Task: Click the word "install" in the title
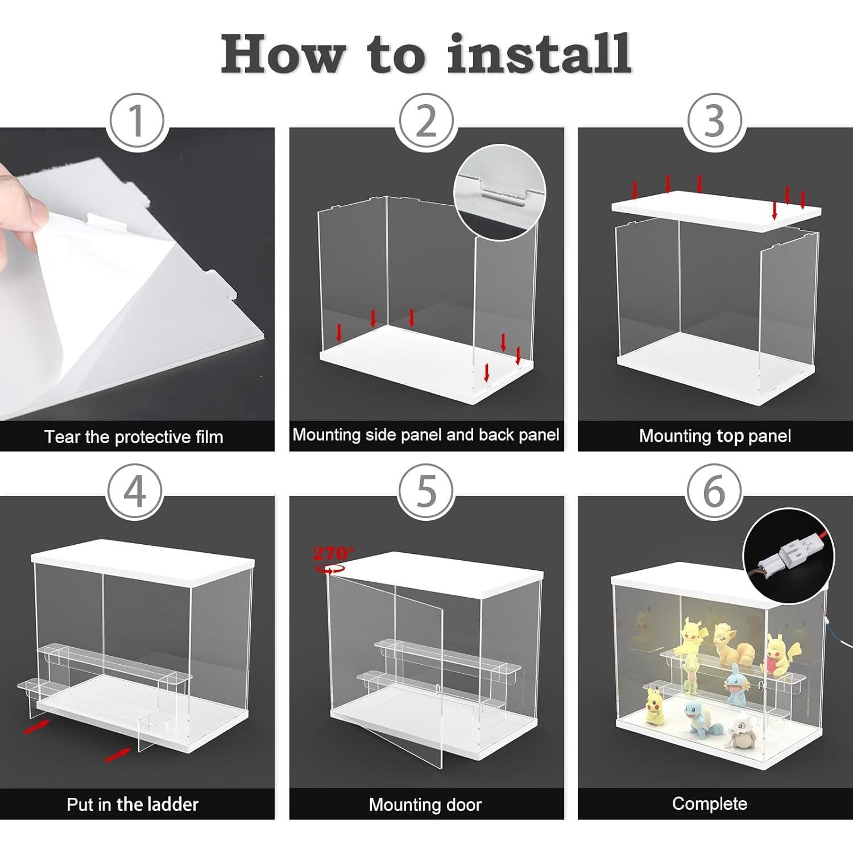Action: [539, 53]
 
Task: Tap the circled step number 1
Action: [136, 121]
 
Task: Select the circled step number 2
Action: [426, 121]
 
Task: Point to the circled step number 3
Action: [715, 121]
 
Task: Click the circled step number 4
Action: [135, 491]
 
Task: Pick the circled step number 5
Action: [426, 491]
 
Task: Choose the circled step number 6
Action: [715, 491]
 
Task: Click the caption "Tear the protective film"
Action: [134, 437]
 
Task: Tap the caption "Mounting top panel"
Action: [715, 436]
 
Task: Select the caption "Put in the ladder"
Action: [132, 804]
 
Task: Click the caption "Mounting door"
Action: [425, 805]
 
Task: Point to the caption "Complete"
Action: [710, 804]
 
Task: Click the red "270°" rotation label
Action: [333, 552]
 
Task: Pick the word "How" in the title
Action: [283, 53]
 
